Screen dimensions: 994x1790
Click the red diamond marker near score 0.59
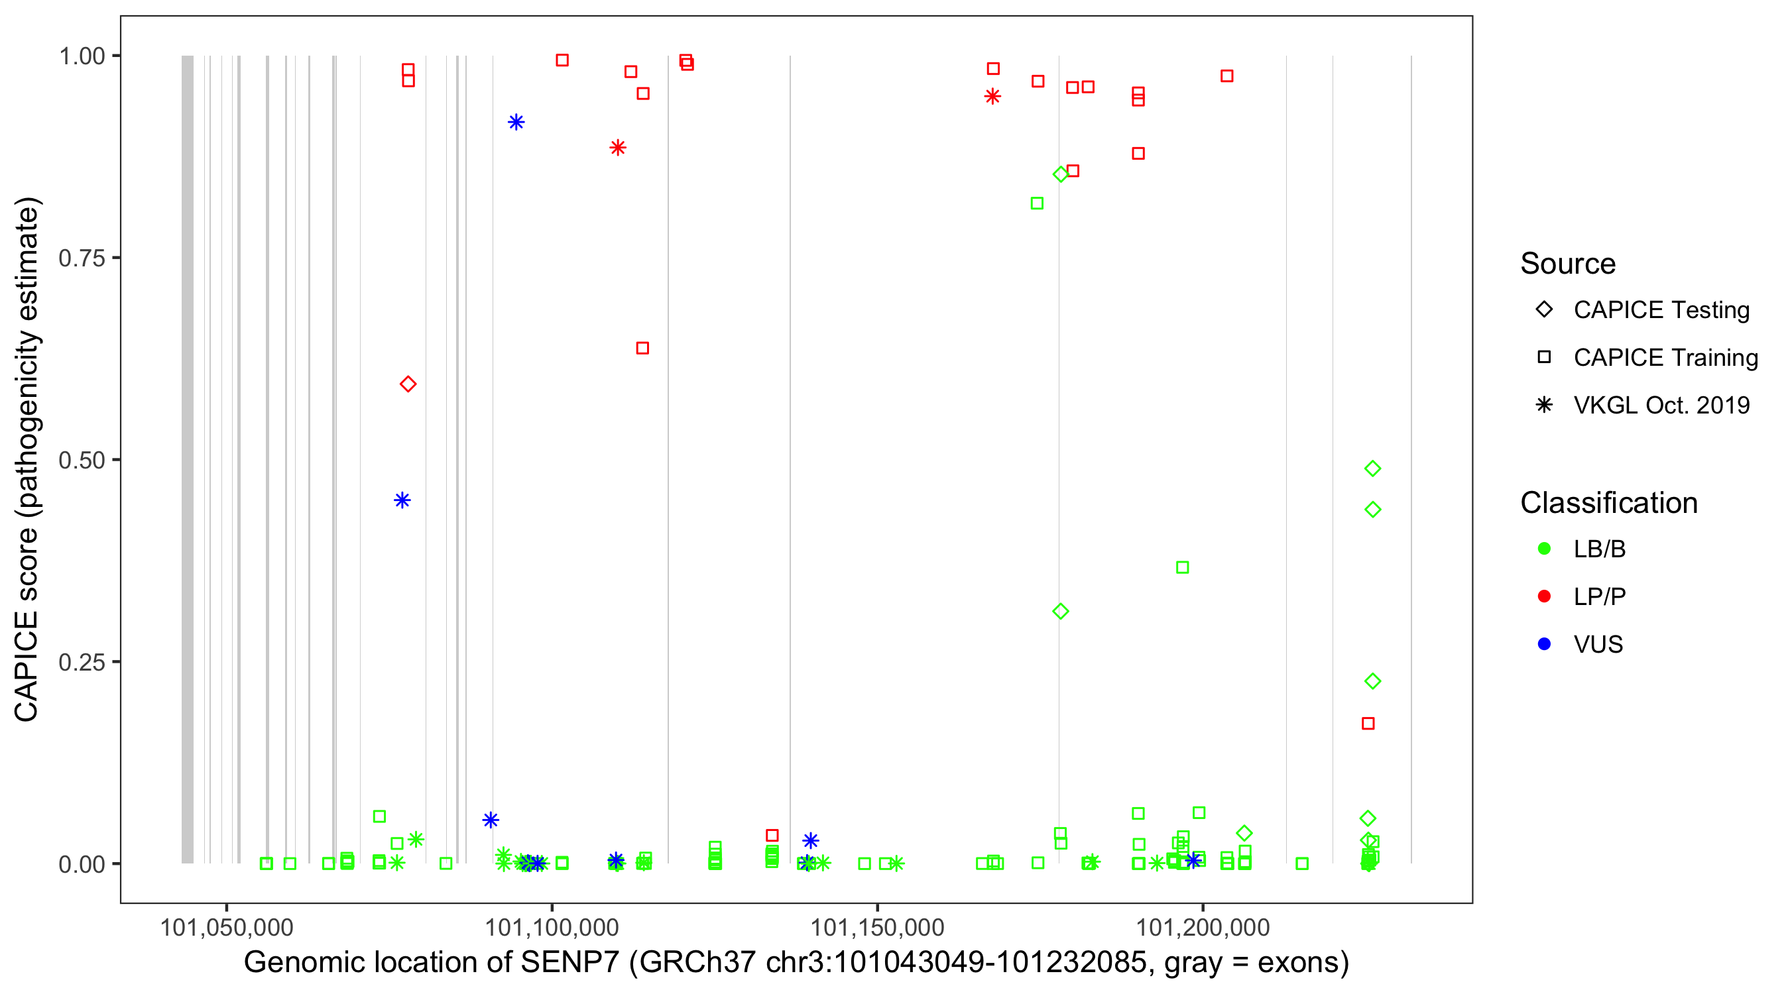click(408, 384)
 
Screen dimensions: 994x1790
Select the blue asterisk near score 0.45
click(402, 500)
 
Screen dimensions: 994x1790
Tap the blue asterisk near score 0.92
click(516, 122)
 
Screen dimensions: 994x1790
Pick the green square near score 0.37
click(1182, 567)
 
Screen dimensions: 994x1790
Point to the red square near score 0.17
click(1368, 724)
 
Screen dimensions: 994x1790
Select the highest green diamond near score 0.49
click(1372, 469)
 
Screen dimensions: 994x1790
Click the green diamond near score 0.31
click(1060, 611)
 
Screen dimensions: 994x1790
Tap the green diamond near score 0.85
click(1060, 174)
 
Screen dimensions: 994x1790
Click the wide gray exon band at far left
click(188, 459)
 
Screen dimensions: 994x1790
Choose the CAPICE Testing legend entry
click(1661, 310)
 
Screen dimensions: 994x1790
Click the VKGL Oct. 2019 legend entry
click(1661, 405)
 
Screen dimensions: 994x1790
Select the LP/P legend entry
click(1599, 596)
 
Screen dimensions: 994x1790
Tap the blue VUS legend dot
click(1545, 644)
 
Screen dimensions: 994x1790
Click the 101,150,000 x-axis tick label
click(877, 927)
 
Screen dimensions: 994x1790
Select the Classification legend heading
click(1608, 503)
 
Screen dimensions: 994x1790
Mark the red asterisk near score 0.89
click(618, 147)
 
